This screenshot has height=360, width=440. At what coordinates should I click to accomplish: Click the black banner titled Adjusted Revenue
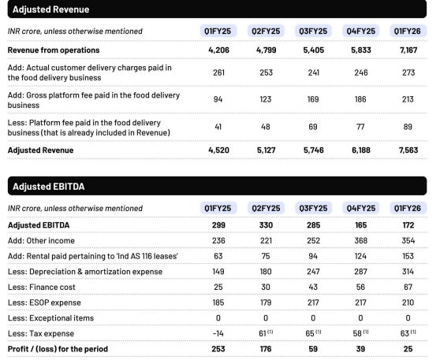point(219,9)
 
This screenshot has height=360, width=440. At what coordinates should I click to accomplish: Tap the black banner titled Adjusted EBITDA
point(219,187)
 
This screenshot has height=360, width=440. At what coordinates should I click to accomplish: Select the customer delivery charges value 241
point(312,72)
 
